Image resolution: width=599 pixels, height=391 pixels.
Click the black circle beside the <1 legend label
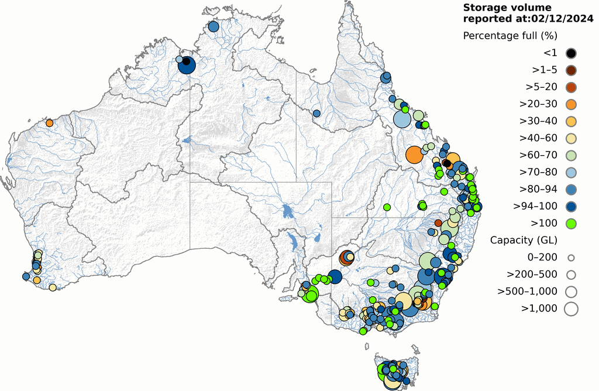(571, 53)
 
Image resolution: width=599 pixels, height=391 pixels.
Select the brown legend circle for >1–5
(571, 70)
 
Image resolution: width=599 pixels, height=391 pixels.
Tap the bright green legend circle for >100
(571, 223)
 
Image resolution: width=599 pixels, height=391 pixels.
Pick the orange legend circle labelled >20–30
(571, 104)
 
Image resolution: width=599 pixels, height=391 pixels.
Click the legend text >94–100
(535, 206)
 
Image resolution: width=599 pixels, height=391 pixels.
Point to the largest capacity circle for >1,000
(571, 308)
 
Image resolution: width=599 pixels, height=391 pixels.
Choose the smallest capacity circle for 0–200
(571, 258)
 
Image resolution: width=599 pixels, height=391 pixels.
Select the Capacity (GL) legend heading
(524, 240)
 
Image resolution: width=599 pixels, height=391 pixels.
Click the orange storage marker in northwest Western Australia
(50, 123)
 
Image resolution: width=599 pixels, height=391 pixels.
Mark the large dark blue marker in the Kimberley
(186, 66)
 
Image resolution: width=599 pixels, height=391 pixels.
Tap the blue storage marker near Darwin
(213, 26)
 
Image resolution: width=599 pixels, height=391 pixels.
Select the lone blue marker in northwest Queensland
(316, 113)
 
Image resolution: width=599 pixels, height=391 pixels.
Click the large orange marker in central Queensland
(414, 155)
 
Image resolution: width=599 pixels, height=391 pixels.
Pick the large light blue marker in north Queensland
(401, 119)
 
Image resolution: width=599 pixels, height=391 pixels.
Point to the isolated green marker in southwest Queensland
(387, 207)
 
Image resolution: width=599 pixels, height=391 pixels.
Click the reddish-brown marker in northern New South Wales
(438, 222)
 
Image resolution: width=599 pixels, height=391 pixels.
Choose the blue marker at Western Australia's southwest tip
(26, 276)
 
